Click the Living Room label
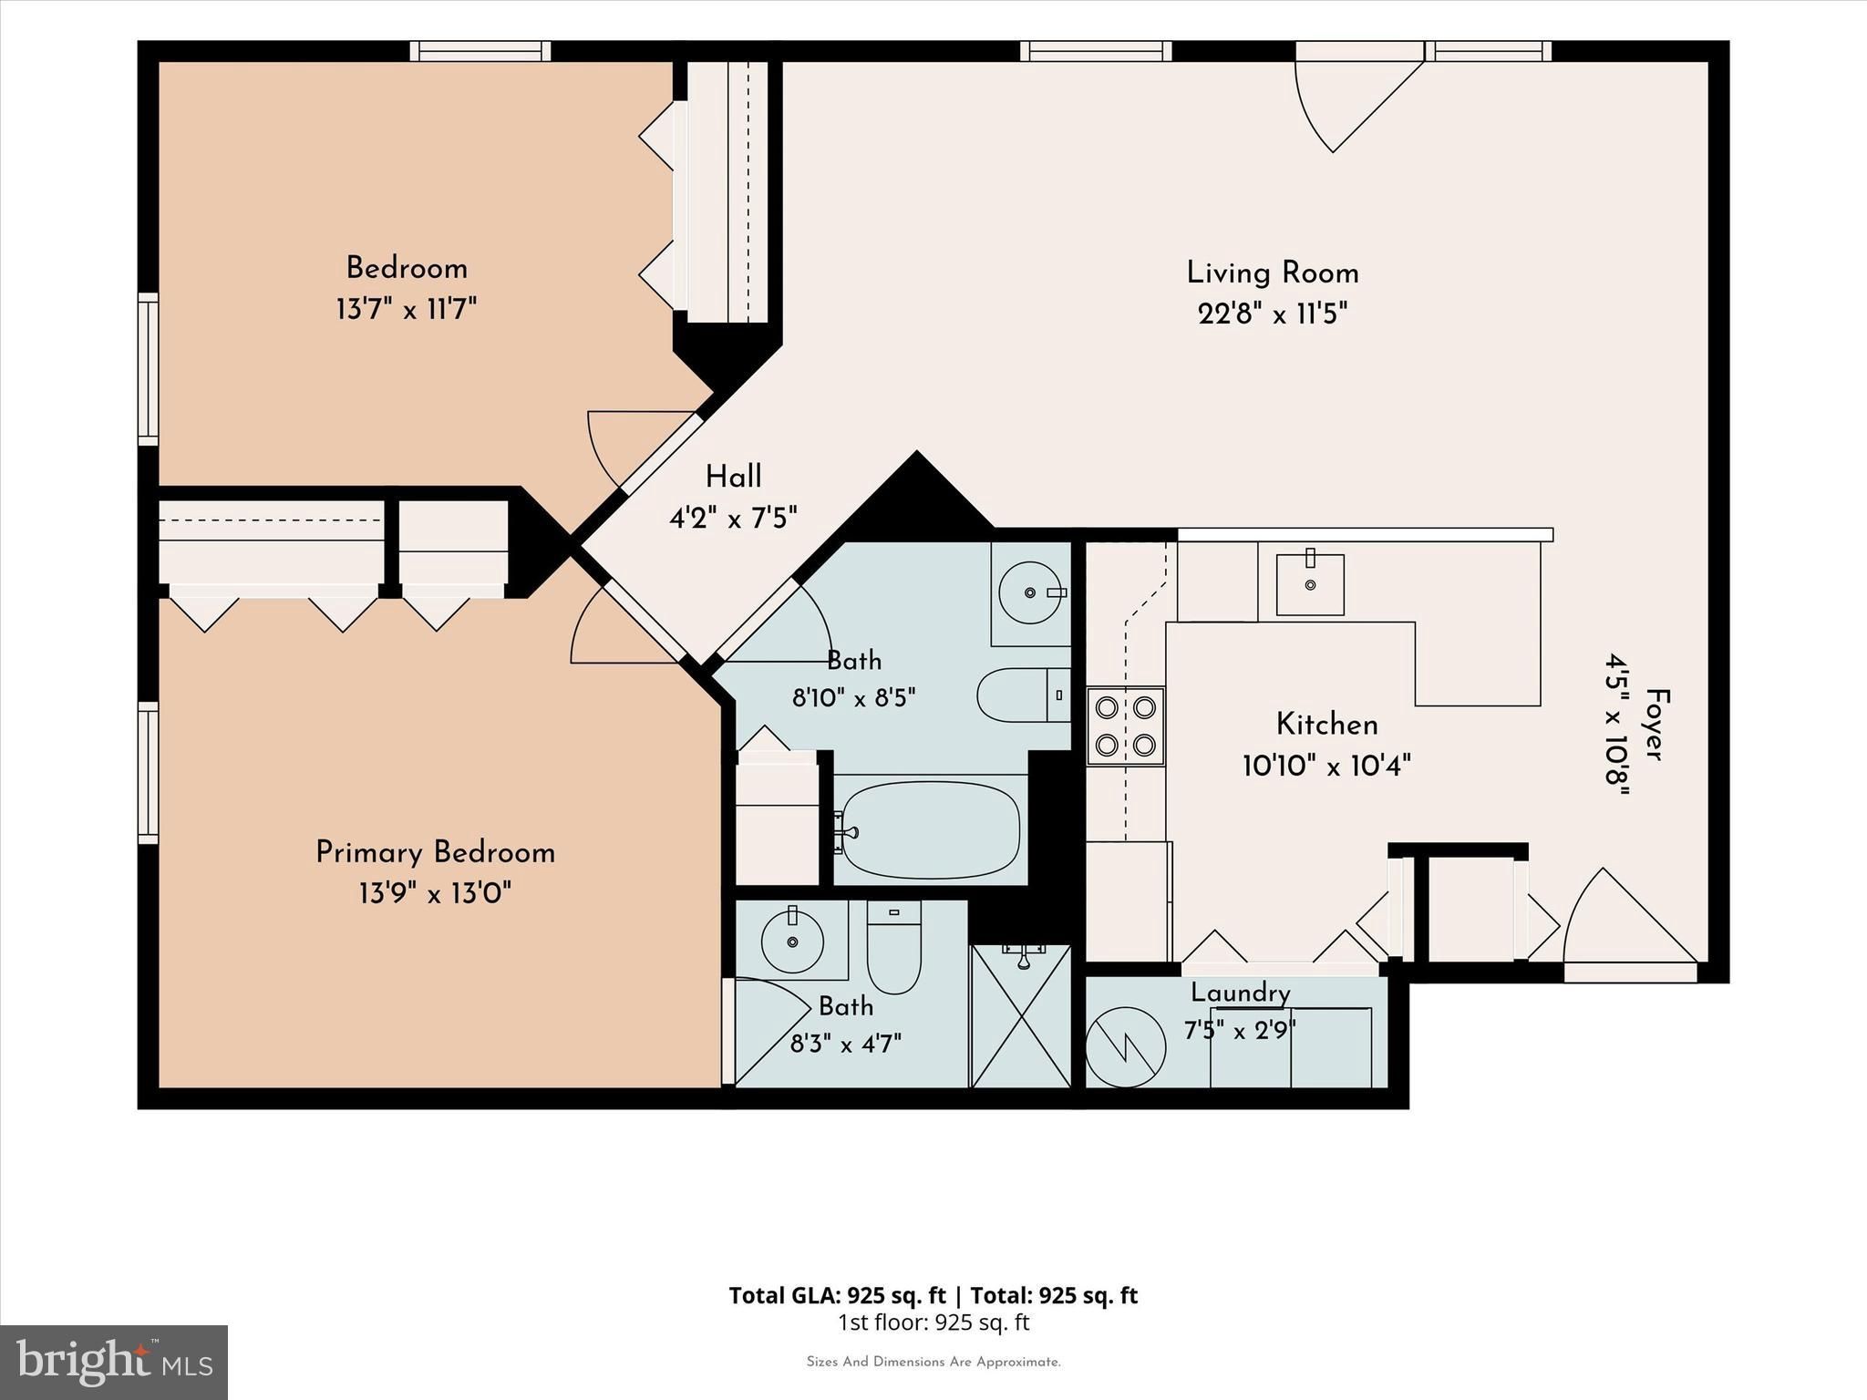1273,273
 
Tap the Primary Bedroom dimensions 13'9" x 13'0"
435,893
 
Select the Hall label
734,477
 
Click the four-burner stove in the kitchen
1126,726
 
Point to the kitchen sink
1310,582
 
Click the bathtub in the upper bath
931,829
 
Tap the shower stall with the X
1021,1016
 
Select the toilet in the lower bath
894,947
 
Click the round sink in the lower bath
792,940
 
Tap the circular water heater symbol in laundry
1126,1047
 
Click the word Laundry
1241,993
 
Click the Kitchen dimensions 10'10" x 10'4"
1326,766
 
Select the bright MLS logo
114,1363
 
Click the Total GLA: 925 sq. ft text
837,1295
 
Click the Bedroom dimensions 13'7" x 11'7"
407,309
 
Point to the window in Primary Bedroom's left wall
148,773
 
